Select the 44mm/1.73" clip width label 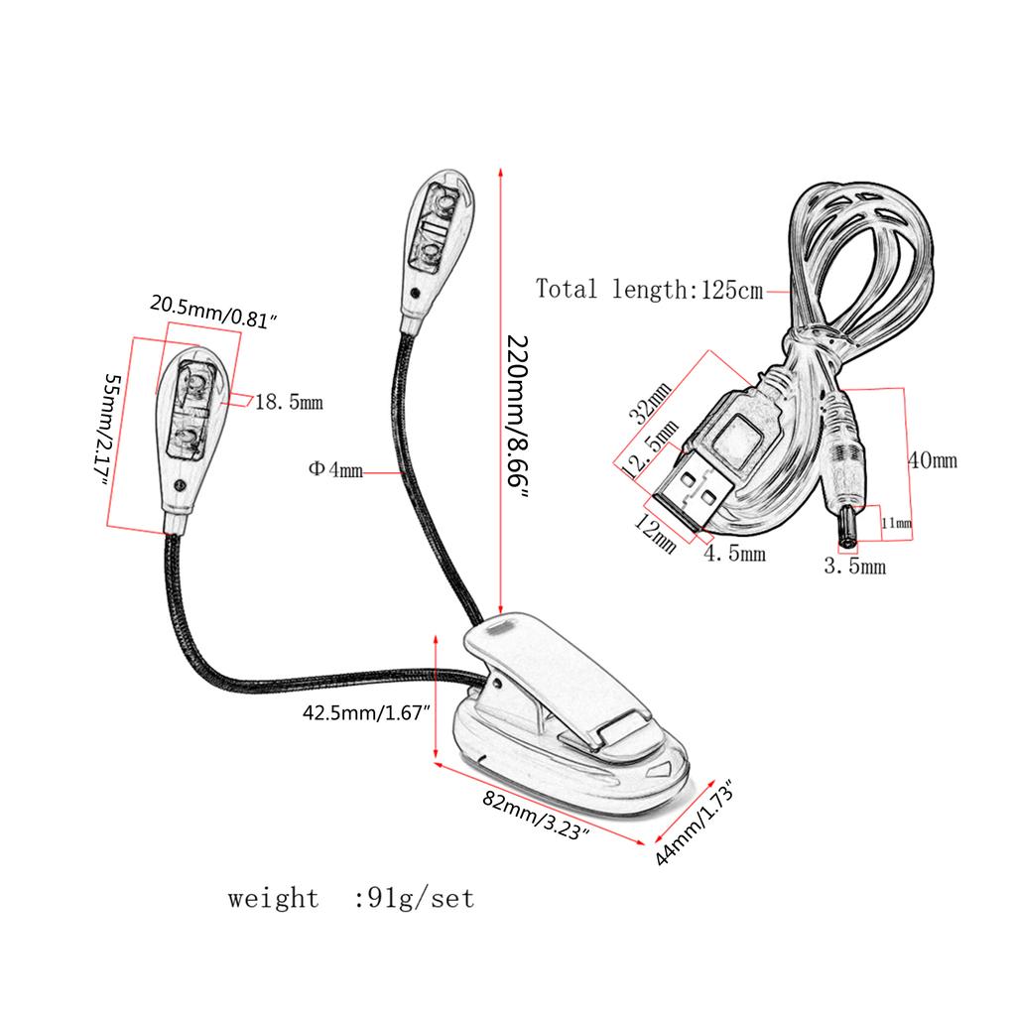coord(695,825)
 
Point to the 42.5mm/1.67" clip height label coord(365,712)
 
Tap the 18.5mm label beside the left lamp coord(289,403)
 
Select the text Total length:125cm coord(650,290)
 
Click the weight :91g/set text coord(351,899)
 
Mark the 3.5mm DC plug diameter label coord(855,568)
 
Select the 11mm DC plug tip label coord(896,523)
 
